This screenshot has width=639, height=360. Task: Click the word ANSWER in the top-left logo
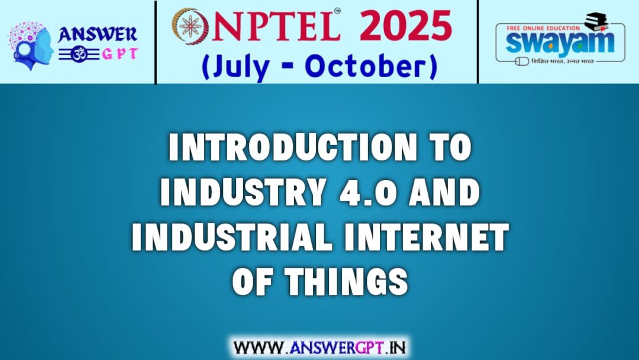coord(98,34)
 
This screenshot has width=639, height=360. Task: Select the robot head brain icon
coord(30,44)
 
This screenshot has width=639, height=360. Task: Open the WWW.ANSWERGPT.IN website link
coord(319,346)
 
